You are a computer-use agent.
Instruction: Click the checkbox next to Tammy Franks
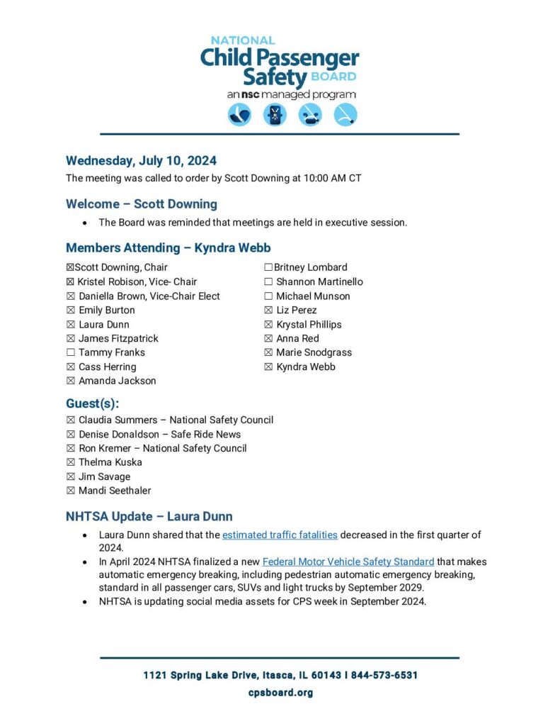71,352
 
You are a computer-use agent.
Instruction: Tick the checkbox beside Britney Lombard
268,267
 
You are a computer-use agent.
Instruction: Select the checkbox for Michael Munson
268,296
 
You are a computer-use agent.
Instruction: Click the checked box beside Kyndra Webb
268,367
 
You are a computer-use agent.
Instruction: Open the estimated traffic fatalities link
280,535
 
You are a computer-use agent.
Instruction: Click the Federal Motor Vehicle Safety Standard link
348,562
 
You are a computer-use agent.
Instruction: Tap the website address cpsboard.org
280,693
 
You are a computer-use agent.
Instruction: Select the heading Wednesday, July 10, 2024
141,160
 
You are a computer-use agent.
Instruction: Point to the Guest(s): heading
92,404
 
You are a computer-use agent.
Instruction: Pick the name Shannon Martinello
319,281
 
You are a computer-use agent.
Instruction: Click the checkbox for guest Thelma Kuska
71,462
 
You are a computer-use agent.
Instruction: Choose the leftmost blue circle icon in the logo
239,115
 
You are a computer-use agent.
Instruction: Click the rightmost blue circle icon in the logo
345,115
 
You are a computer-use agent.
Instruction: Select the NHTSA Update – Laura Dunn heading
149,516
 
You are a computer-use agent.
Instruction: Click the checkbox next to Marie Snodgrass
268,352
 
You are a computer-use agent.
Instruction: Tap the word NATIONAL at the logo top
243,40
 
